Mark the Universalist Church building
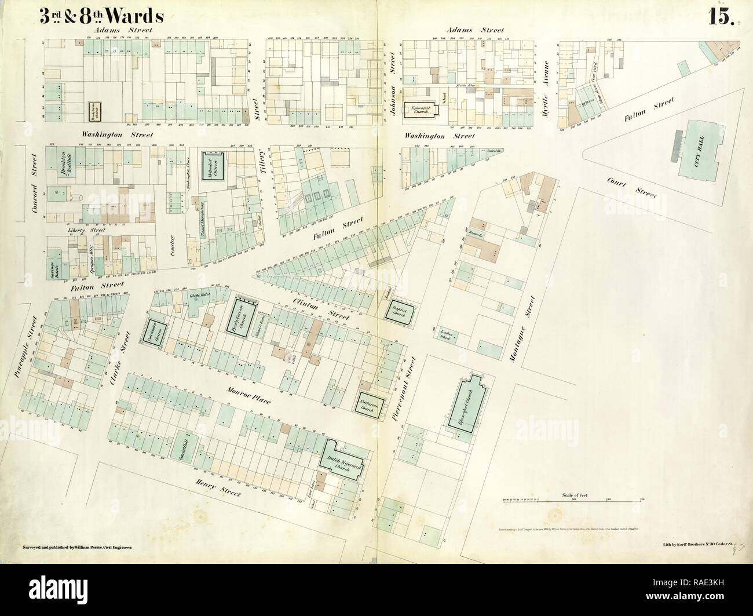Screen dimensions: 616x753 click(x=155, y=335)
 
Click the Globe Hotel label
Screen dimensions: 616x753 click(x=199, y=296)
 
